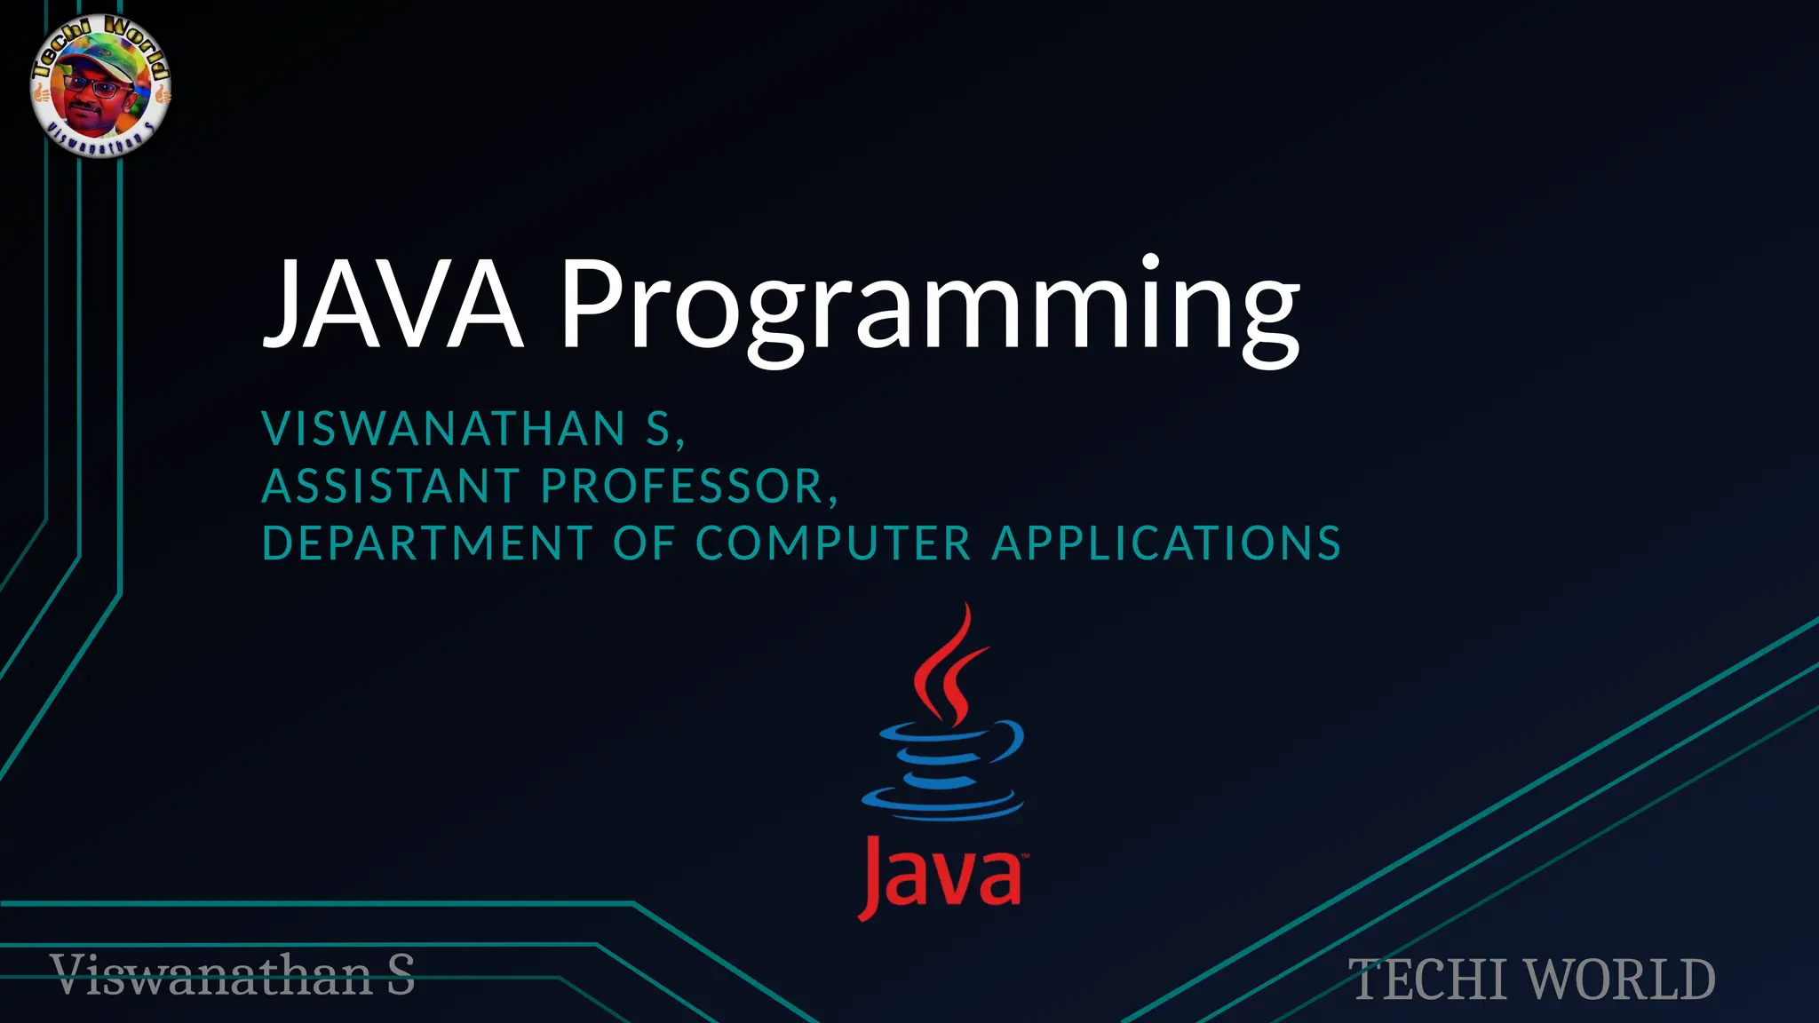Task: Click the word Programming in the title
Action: click(928, 306)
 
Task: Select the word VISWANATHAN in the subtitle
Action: click(444, 429)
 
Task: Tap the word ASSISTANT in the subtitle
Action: click(391, 487)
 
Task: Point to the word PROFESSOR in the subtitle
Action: click(684, 487)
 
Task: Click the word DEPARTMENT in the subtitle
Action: click(427, 543)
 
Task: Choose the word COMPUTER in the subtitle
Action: click(833, 543)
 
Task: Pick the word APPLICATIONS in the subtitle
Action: click(1165, 543)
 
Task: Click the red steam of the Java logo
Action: click(947, 666)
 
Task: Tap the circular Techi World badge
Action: click(100, 86)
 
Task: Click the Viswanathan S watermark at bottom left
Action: click(233, 975)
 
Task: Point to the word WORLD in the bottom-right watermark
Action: click(1621, 979)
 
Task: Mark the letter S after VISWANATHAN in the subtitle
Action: click(658, 429)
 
